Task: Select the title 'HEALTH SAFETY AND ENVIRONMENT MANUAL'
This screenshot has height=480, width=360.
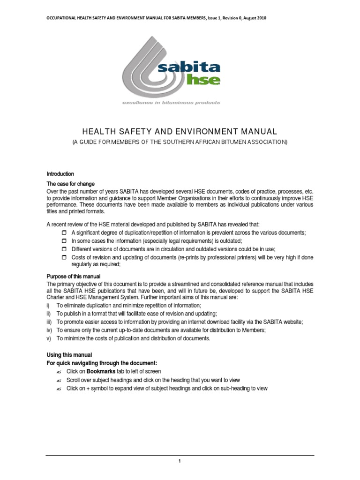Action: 180,132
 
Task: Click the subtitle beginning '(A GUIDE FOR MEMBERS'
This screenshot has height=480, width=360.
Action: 180,142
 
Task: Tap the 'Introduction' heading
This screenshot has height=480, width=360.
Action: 60,174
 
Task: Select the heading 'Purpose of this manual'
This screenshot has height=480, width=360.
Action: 74,276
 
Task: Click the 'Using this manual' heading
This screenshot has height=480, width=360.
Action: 69,354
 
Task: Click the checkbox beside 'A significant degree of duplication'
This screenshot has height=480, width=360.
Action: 65,233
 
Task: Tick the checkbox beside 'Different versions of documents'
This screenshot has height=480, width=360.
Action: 65,249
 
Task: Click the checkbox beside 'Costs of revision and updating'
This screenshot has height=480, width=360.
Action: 65,258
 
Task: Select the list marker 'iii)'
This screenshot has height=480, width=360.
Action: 50,322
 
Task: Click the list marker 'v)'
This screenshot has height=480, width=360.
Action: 49,338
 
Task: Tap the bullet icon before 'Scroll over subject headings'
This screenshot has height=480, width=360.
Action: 59,380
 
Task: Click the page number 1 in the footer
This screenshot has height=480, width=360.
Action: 180,461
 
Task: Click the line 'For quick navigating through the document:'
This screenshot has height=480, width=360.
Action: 102,363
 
